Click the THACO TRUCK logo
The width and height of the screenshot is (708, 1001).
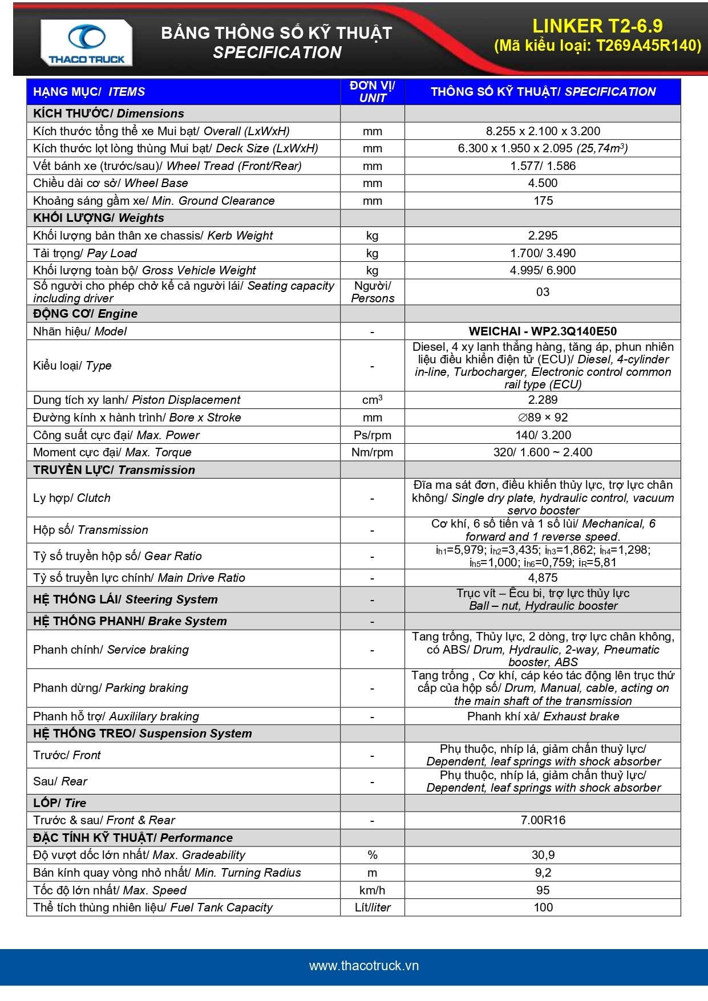point(86,43)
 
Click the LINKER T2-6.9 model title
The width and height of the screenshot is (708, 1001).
point(597,26)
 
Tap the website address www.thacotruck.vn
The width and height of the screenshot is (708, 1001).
point(364,966)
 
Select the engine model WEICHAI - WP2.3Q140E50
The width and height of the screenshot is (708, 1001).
point(543,331)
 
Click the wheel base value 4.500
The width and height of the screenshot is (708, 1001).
point(543,183)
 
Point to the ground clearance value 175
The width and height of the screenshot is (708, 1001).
point(543,201)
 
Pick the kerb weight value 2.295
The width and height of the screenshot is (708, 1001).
point(543,236)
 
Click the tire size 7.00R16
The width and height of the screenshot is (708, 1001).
point(543,820)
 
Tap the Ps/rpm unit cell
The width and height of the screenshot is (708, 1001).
point(373,435)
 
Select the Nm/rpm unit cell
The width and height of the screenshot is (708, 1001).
point(373,452)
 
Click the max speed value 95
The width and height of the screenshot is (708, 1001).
point(543,890)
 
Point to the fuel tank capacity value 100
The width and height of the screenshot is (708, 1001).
point(543,907)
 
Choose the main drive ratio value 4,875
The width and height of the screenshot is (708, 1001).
point(543,578)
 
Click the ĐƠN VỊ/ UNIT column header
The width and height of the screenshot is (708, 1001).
point(373,92)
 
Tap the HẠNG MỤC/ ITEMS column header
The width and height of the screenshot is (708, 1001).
point(89,92)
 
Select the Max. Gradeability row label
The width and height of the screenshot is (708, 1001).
point(139,855)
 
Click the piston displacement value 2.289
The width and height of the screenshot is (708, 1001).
point(543,400)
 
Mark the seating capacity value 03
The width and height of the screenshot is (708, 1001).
point(543,292)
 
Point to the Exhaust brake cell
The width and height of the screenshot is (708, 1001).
point(543,716)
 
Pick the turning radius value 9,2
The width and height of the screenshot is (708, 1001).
point(543,873)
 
